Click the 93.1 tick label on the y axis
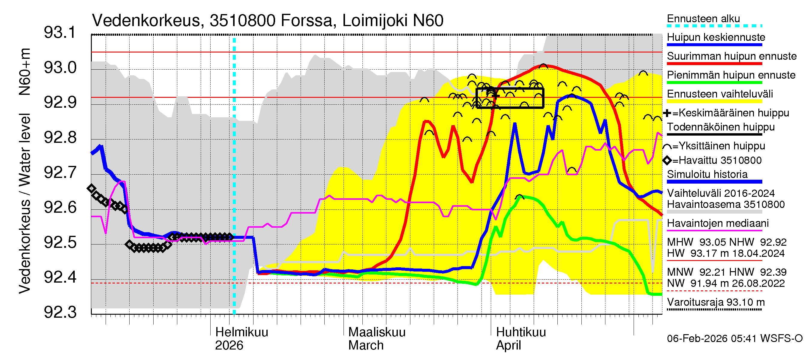pos(60,33)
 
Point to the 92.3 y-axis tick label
pos(60,312)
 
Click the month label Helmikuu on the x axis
pos(241,332)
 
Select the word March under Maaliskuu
pos(366,346)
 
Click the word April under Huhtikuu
pos(508,346)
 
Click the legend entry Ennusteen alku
pos(703,19)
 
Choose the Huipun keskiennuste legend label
pos(716,37)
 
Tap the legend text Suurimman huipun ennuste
pos(731,56)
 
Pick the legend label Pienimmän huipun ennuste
pos(731,75)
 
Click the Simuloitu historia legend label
pos(707,174)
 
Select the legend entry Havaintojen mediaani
pos(718,223)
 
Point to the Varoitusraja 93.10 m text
pos(716,302)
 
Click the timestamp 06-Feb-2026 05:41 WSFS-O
pos(734,339)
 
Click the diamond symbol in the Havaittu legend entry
pos(667,160)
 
